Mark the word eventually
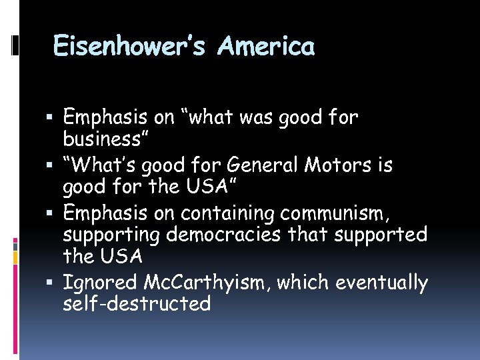point(382,283)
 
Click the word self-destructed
point(137,304)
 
